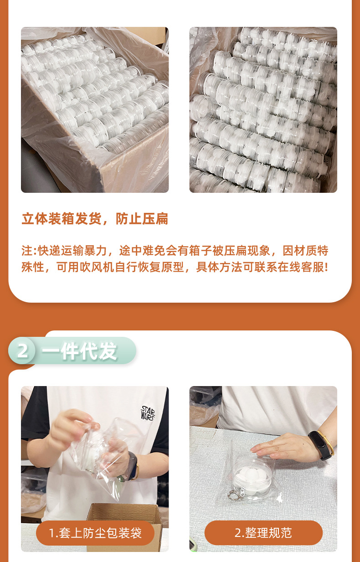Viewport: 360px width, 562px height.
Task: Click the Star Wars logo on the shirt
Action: tap(148, 412)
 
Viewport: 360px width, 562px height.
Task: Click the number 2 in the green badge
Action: tap(23, 351)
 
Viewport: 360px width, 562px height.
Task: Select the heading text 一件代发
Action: tap(80, 351)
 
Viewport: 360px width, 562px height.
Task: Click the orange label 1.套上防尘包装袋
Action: tap(95, 533)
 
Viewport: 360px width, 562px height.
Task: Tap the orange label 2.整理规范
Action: tap(263, 533)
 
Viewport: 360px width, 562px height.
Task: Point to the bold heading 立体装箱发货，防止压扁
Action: tap(95, 218)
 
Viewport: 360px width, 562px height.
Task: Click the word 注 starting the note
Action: tap(27, 251)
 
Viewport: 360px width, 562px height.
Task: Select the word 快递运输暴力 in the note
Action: tap(72, 251)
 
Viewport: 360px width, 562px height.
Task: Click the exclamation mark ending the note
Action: tap(326, 267)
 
